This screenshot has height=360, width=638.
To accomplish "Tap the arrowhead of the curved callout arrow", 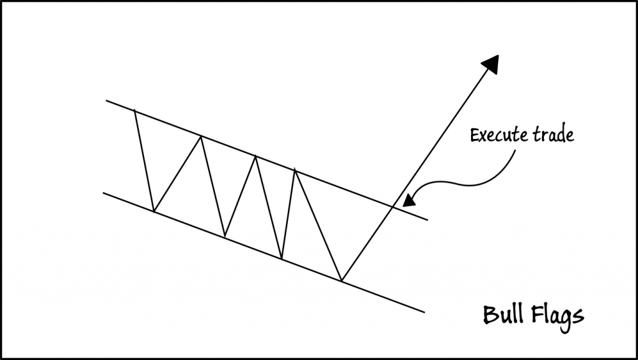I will click(x=408, y=201).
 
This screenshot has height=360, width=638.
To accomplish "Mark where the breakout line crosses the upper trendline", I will click(x=391, y=206).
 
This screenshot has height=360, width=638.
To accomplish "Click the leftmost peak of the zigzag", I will click(x=135, y=110).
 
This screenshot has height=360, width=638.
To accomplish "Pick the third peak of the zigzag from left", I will click(x=254, y=156).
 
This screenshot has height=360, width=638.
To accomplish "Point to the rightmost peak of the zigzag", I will click(x=294, y=170).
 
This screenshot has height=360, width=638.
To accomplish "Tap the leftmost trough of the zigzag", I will click(x=154, y=211).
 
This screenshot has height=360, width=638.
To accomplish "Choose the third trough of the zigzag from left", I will click(x=282, y=258).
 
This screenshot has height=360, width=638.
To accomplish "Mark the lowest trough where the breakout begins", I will click(x=342, y=280).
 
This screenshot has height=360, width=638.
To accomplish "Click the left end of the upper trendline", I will click(x=107, y=100).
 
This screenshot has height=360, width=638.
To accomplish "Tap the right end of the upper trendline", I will click(x=428, y=220).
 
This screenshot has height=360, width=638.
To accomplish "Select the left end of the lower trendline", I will click(x=103, y=192).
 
